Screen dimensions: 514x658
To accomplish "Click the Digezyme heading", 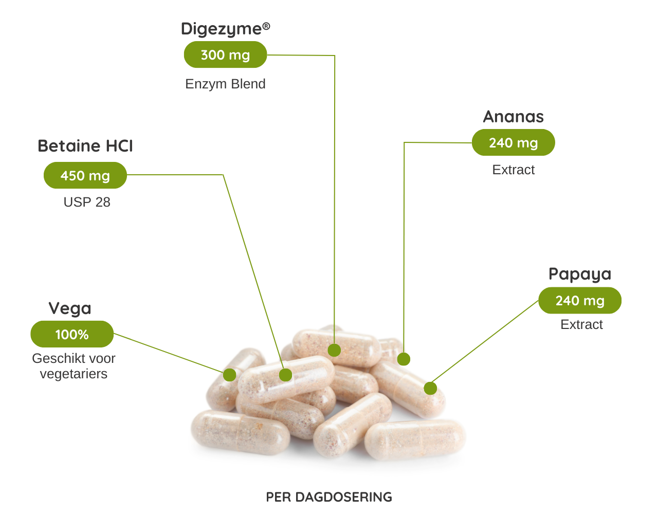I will click(x=225, y=29).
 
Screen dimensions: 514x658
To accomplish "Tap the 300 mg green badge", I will click(x=225, y=55).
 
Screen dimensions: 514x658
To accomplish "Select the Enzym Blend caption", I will click(x=225, y=84).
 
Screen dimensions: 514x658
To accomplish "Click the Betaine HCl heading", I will click(x=85, y=146).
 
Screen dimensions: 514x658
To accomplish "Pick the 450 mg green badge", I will click(x=85, y=175).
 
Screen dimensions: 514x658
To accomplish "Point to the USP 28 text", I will click(x=87, y=202).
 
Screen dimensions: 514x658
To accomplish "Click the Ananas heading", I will click(x=513, y=117).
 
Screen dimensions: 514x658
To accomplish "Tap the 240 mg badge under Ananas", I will click(x=513, y=143).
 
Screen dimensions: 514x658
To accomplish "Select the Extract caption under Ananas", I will click(x=513, y=170).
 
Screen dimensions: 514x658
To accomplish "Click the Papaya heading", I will click(x=580, y=274).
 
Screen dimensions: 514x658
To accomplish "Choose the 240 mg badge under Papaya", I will click(x=580, y=301).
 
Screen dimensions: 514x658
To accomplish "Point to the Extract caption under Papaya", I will click(x=581, y=324).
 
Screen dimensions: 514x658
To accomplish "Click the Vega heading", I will click(x=70, y=308).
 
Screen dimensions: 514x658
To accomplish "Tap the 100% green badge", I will click(x=72, y=335).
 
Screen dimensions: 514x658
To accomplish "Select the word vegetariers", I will click(x=74, y=374).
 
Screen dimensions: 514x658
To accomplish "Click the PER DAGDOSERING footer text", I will click(x=329, y=497).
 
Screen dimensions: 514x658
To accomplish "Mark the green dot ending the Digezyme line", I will click(x=334, y=351).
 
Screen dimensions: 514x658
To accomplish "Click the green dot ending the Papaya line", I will click(x=430, y=389).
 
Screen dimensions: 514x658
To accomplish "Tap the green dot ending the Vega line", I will click(x=230, y=375).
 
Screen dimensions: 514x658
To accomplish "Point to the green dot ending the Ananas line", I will click(x=404, y=359).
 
